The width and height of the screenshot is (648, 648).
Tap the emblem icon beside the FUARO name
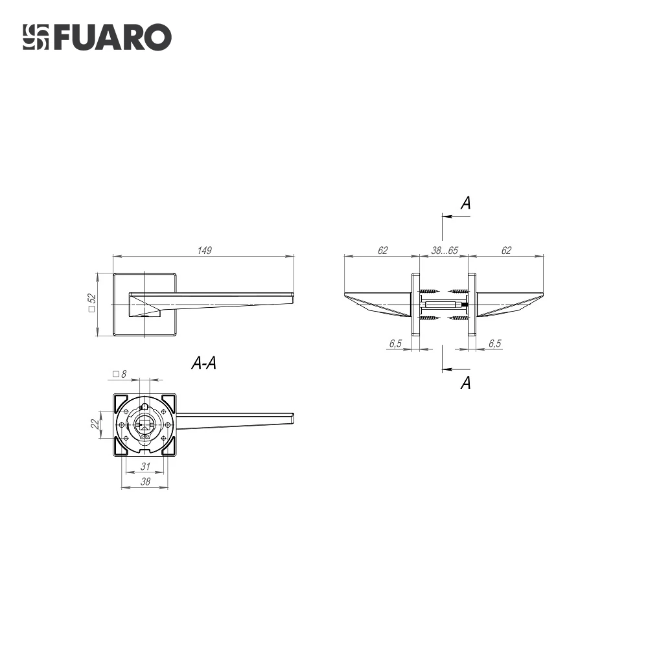point(36,38)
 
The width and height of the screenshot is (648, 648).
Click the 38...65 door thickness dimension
point(445,250)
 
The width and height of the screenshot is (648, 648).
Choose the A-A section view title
point(204,364)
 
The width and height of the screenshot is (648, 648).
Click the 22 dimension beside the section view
point(95,424)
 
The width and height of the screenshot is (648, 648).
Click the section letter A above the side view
point(465,203)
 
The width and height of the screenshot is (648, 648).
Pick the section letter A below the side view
point(465,383)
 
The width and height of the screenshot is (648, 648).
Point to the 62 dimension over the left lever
point(382,250)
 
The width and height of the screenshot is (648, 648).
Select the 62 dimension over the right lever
point(506,250)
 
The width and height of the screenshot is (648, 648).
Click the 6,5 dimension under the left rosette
point(395,343)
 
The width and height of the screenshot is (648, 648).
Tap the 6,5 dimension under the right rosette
point(494,343)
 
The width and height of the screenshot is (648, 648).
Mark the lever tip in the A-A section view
point(292,417)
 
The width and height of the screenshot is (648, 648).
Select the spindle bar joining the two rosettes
point(444,304)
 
